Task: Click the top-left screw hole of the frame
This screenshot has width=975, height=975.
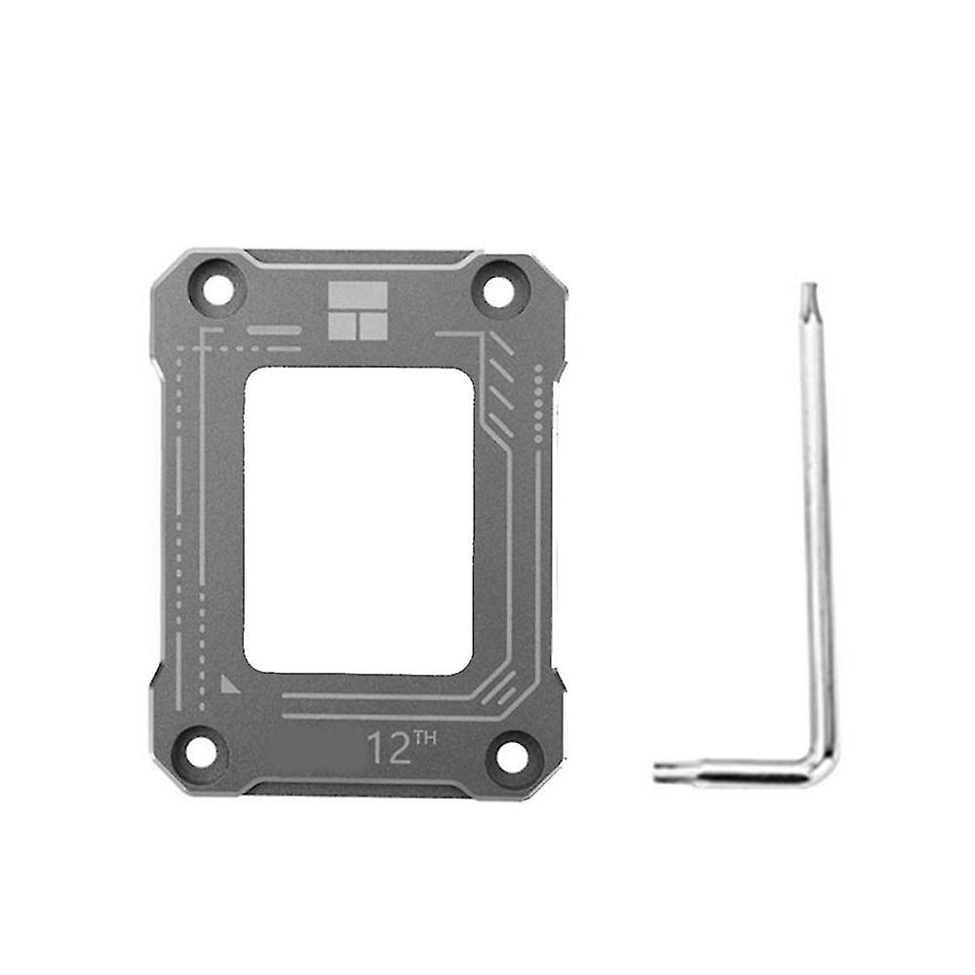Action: [x=218, y=291]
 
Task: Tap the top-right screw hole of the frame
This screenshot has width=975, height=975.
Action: [x=498, y=291]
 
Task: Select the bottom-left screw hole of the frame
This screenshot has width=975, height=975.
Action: [x=201, y=751]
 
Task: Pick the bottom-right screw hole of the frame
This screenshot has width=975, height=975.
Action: [x=513, y=753]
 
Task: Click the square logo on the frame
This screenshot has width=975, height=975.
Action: [x=358, y=312]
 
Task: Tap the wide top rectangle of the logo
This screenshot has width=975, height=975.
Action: [x=358, y=296]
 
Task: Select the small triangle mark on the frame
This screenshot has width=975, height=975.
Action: [x=229, y=682]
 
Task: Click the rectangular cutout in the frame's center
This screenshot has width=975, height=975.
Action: [x=358, y=520]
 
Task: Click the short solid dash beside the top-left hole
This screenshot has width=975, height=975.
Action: [x=273, y=331]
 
